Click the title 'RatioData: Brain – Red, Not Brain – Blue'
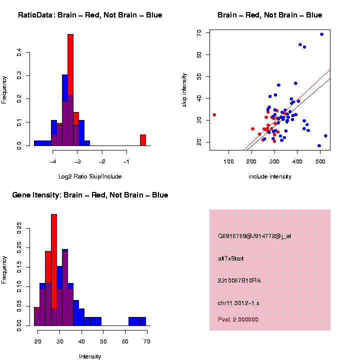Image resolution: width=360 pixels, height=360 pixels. (x=90, y=15)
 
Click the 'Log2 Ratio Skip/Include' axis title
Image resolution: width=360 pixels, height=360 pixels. (x=90, y=176)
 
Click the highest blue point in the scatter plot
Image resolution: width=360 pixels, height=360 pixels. (x=321, y=34)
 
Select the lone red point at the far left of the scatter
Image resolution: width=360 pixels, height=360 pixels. (x=214, y=115)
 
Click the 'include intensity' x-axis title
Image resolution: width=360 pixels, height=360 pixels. (x=269, y=176)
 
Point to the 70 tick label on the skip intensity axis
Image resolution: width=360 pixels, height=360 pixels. (x=199, y=32)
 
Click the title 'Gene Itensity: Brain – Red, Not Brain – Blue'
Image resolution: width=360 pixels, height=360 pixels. (x=90, y=195)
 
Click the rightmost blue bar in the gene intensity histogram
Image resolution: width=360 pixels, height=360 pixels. (x=143, y=321)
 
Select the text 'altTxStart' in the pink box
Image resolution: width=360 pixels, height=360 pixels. (x=231, y=258)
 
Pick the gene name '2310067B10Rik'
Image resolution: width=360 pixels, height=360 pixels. (x=239, y=280)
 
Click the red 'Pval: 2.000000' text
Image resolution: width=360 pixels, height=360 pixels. (x=238, y=319)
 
